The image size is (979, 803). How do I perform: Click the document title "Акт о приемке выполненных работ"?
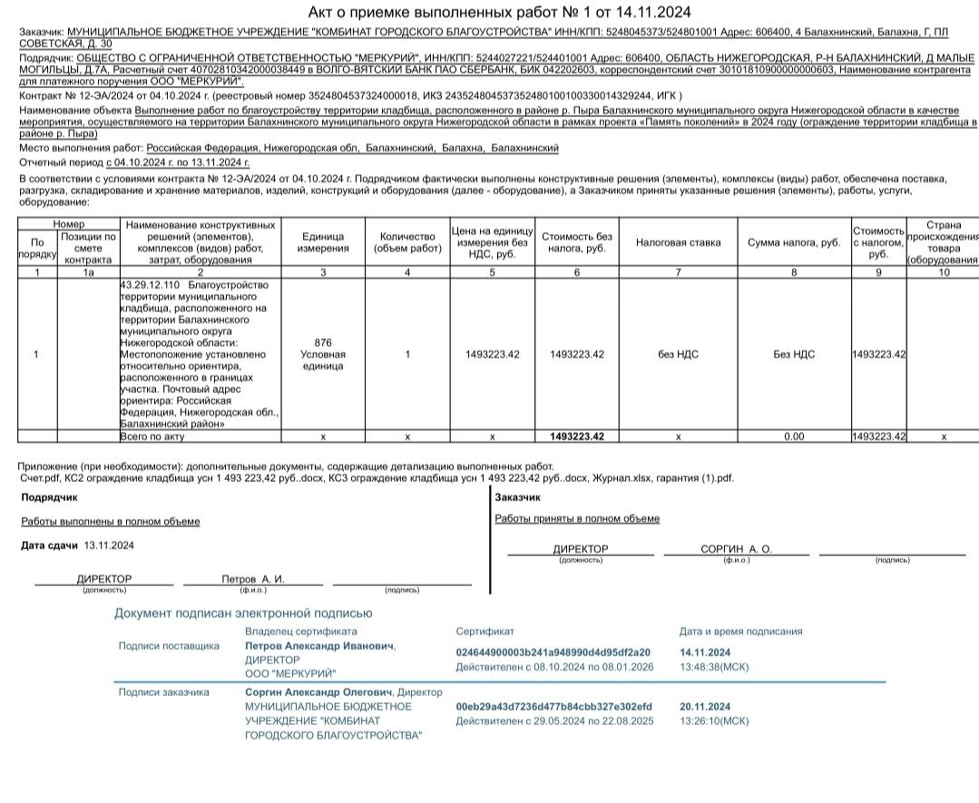(x=499, y=12)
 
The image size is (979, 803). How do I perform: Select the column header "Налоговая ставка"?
(x=678, y=242)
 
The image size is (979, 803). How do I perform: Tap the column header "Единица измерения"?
(x=323, y=242)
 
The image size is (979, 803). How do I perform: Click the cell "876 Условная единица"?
(x=323, y=354)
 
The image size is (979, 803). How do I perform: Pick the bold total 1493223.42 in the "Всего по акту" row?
(x=576, y=436)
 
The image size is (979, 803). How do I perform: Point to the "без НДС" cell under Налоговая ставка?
(x=678, y=354)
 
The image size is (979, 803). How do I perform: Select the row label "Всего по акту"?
(x=152, y=436)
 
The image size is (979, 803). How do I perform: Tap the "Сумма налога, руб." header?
(x=794, y=242)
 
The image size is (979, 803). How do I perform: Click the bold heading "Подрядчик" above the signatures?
(x=49, y=497)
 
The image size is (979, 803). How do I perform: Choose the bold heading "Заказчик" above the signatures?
(x=517, y=496)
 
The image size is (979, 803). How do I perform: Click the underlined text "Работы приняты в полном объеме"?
(x=577, y=519)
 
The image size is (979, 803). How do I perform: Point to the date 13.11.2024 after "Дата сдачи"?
(x=109, y=545)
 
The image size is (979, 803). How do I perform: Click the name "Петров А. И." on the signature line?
(x=253, y=579)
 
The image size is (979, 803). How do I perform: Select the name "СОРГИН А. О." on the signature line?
(x=736, y=549)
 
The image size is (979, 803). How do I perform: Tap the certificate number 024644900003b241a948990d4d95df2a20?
(x=553, y=652)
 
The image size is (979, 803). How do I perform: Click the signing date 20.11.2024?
(x=705, y=707)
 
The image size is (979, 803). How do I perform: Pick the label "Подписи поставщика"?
(x=169, y=646)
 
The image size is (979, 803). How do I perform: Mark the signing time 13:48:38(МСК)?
(x=714, y=667)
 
